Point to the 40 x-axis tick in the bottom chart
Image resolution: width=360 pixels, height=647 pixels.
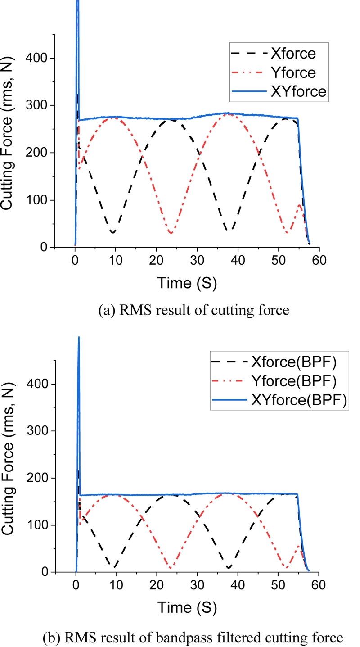[238, 586]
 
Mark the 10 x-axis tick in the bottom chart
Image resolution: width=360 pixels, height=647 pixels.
[116, 586]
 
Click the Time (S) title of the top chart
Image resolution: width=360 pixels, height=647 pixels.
[187, 283]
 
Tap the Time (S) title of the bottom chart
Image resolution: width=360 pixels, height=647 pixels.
[187, 608]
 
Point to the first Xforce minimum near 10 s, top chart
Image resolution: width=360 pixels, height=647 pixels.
[112, 232]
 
